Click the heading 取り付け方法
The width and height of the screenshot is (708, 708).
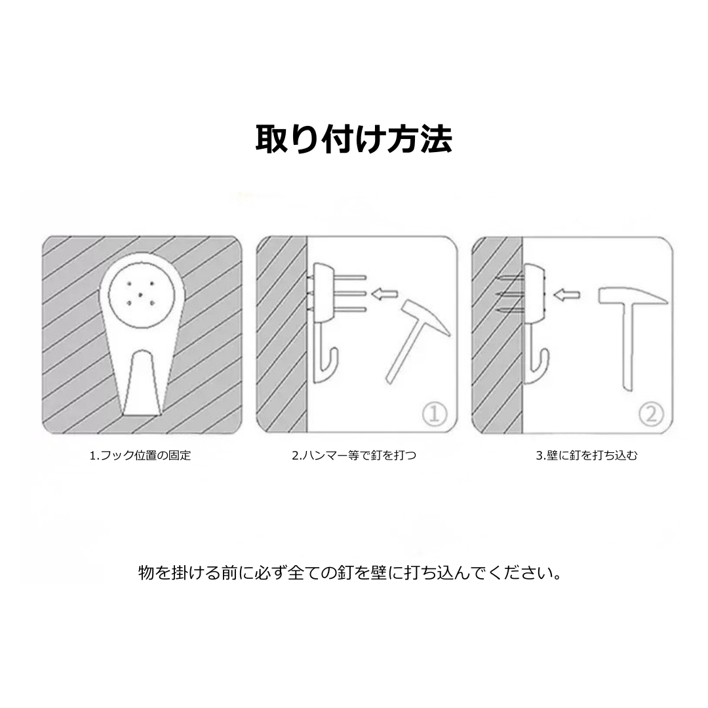point(353,139)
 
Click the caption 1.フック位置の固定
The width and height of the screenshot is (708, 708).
point(140,455)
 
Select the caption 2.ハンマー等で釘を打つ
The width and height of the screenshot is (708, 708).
point(354,455)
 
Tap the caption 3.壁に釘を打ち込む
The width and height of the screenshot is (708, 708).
point(587,455)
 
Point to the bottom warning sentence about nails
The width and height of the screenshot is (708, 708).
point(351,573)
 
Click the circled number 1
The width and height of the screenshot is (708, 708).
point(435,414)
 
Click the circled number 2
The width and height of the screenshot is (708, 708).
point(651,414)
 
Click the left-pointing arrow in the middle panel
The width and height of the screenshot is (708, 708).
point(384,294)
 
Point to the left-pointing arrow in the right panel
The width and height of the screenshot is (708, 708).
point(566,295)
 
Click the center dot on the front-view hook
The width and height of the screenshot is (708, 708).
point(141,294)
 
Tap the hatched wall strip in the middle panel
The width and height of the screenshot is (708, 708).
point(282,334)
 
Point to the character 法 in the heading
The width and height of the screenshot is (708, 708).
point(436,139)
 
